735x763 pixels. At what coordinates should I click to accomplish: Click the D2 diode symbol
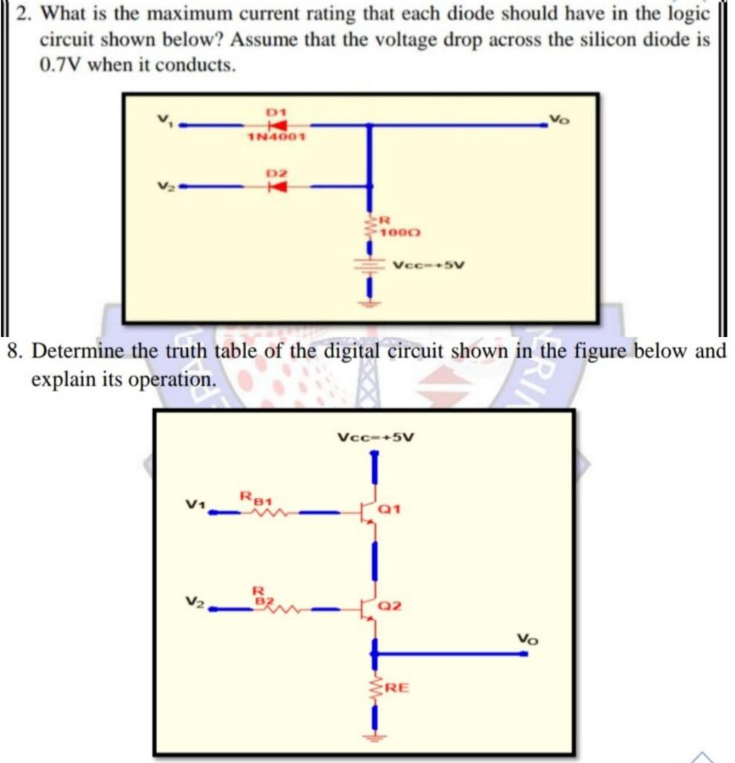277,186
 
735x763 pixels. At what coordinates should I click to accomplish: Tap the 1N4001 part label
271,138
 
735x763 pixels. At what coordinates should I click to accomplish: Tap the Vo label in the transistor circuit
527,639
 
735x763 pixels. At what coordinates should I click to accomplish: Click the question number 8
13,351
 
